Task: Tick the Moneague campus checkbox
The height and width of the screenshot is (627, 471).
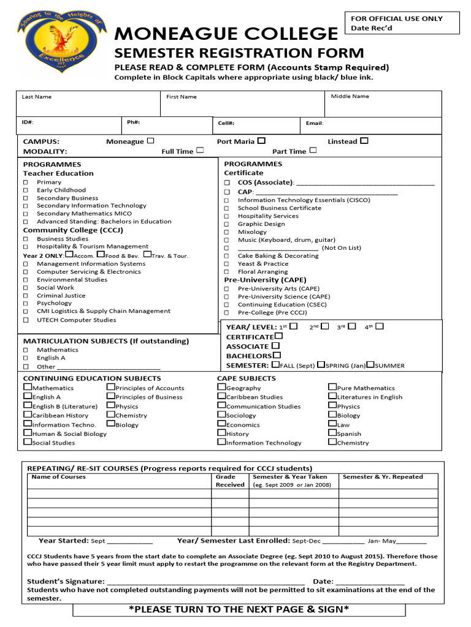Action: coord(151,141)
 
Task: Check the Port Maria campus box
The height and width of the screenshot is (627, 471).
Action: coord(261,141)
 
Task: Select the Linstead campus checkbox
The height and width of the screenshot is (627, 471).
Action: coord(364,141)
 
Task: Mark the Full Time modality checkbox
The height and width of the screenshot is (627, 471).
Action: coord(200,151)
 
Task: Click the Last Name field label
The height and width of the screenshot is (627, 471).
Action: coord(37,97)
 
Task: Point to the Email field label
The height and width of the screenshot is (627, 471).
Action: coord(315,123)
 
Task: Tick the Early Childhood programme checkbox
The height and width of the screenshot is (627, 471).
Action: coord(26,190)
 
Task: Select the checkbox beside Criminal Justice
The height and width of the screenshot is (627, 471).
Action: coord(26,296)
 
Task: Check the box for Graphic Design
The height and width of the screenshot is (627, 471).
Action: coord(227,225)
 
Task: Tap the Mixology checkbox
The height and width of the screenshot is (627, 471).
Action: coord(227,233)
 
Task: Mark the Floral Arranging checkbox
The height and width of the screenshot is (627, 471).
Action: coord(227,272)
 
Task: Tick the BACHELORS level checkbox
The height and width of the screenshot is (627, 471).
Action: coord(277,355)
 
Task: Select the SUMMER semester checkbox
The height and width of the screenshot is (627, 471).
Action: coord(370,365)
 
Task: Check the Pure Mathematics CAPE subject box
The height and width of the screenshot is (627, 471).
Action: coord(332,387)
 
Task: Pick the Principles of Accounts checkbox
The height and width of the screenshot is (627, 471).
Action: coord(110,387)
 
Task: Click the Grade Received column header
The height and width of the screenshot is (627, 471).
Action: coord(230,481)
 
